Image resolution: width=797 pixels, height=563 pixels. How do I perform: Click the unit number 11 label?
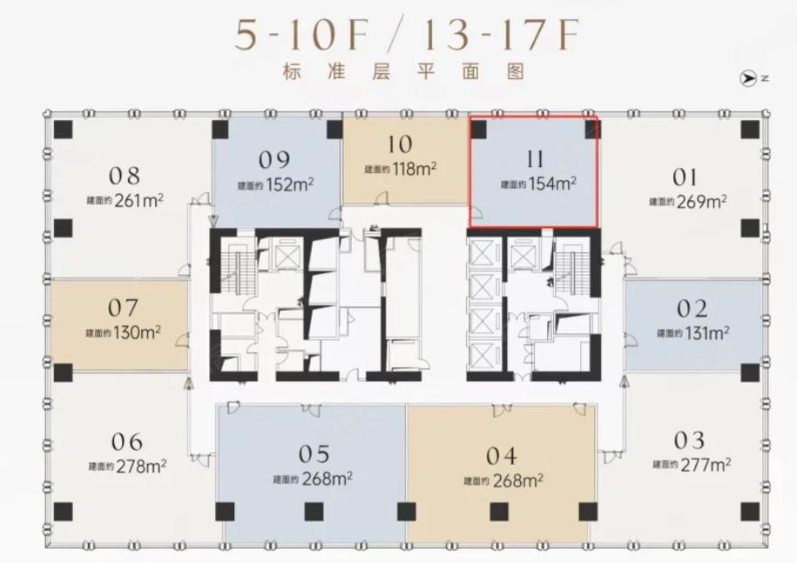tap(535, 159)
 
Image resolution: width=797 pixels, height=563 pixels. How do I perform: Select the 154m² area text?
tap(552, 184)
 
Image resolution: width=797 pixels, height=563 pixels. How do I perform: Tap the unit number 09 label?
tap(274, 160)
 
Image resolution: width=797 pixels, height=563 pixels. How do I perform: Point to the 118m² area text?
tap(414, 168)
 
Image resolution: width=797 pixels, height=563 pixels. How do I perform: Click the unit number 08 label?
tap(124, 176)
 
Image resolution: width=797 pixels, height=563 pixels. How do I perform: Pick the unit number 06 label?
tap(126, 442)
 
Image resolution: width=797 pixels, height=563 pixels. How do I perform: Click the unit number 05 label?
tap(314, 454)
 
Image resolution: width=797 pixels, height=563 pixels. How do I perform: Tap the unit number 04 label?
tap(501, 456)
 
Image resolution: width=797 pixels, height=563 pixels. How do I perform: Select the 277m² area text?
tap(706, 464)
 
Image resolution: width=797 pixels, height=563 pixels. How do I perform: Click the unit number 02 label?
tap(692, 309)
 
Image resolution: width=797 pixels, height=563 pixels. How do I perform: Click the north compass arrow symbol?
tap(747, 78)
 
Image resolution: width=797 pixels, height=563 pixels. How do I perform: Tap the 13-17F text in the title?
tap(501, 35)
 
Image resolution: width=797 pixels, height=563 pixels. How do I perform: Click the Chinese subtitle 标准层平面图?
tap(403, 71)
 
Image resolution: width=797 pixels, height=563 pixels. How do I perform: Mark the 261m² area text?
tap(138, 200)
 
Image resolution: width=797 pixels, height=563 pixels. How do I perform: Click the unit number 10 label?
tap(400, 144)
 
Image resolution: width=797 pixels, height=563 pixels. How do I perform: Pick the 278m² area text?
tap(141, 466)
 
